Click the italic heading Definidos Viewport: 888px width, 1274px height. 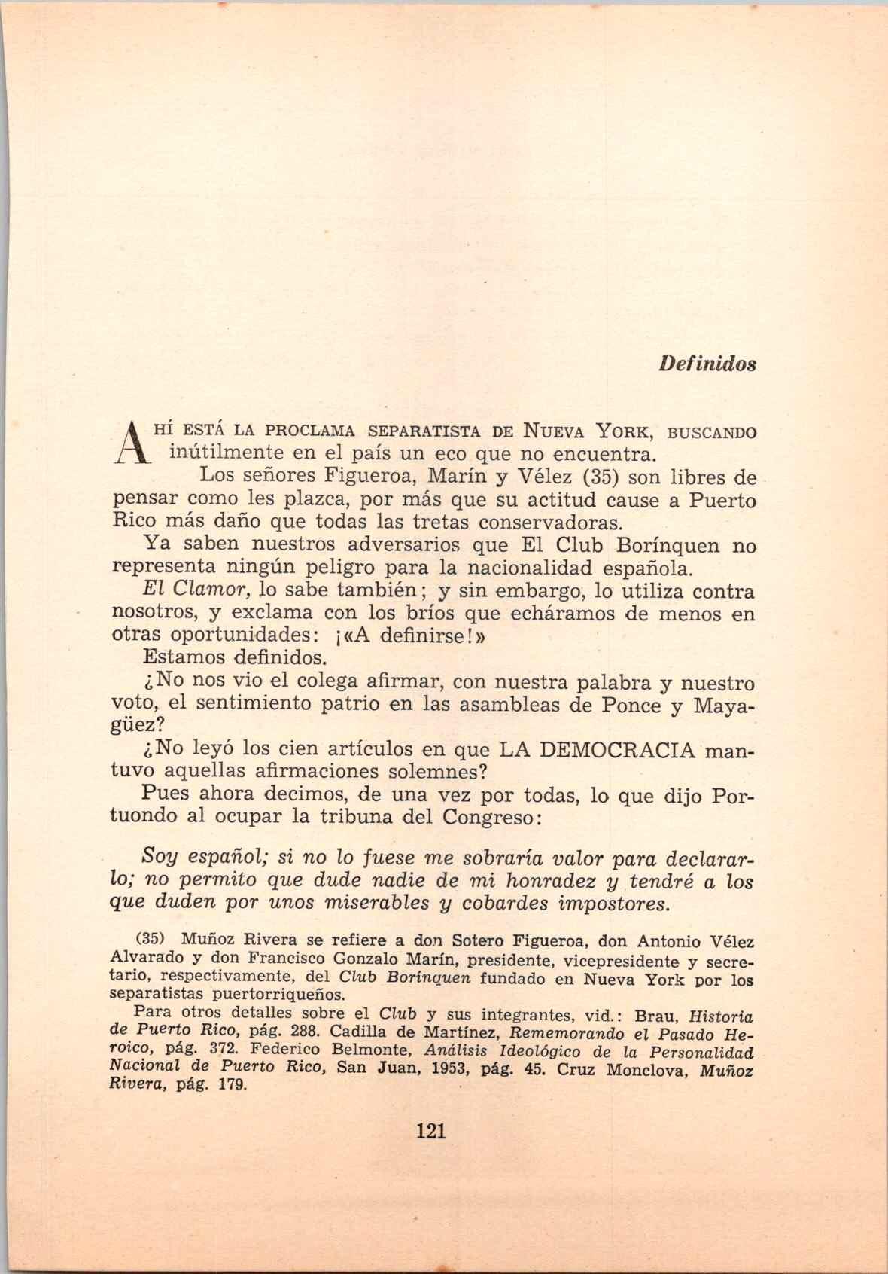coord(707,364)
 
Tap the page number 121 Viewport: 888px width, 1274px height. coord(430,1131)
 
